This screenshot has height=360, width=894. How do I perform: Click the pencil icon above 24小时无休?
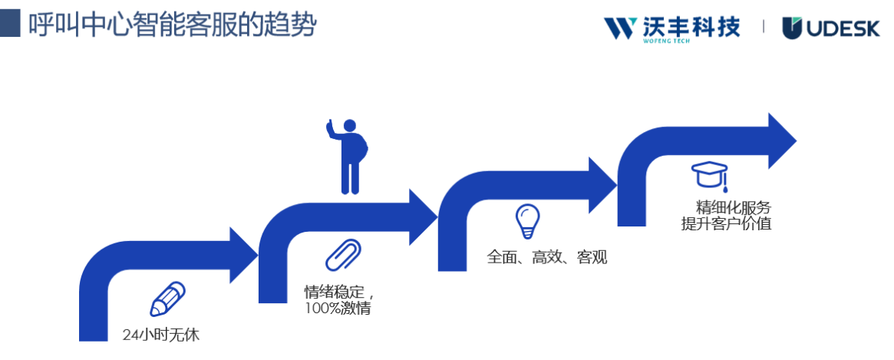(168, 299)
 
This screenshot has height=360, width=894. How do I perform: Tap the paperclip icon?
(343, 255)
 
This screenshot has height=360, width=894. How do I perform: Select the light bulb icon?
(527, 220)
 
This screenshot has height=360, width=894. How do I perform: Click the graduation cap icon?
(708, 175)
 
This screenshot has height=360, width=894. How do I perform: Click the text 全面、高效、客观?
(546, 257)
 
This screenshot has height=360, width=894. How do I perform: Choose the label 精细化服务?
(733, 207)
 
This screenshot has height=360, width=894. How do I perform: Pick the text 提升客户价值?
(726, 224)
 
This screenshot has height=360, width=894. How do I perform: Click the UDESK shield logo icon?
(792, 28)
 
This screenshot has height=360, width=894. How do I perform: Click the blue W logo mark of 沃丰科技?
(620, 28)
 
